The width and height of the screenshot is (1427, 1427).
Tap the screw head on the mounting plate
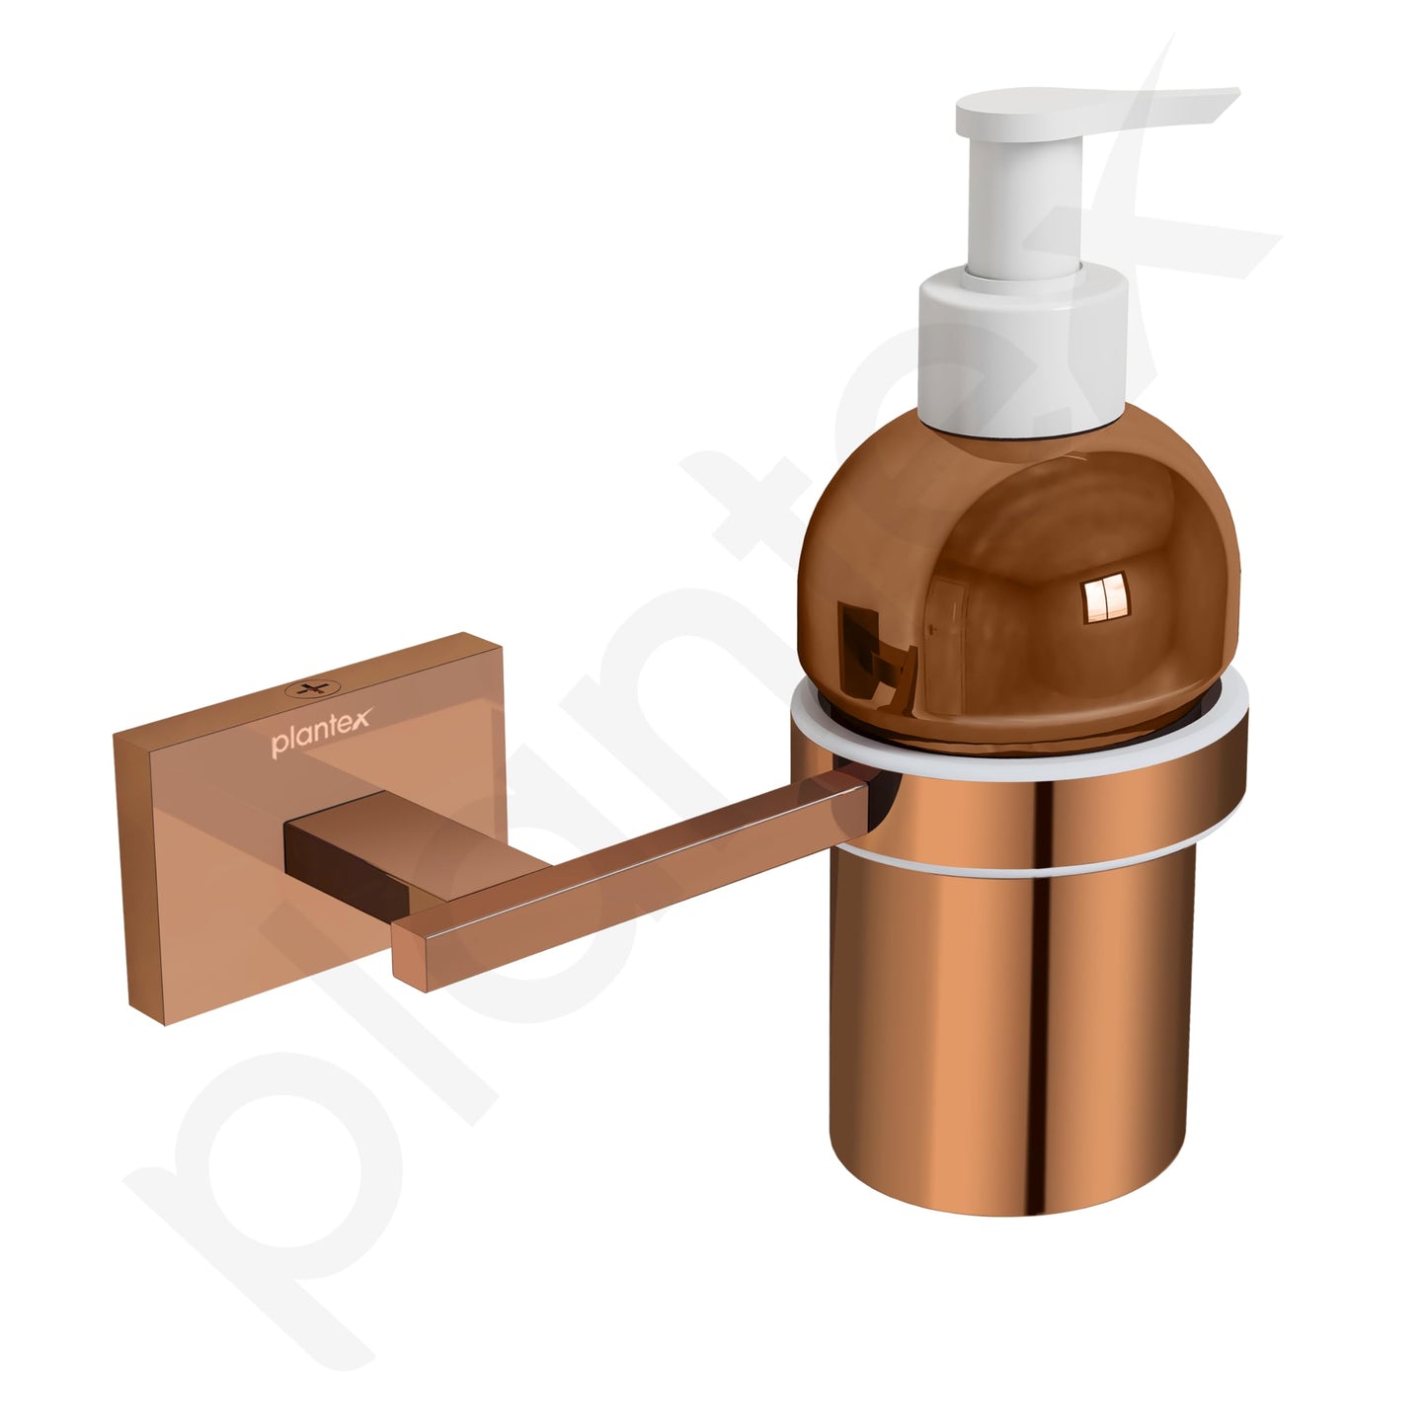pyautogui.click(x=312, y=688)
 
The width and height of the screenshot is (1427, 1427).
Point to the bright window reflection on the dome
pyautogui.click(x=1106, y=595)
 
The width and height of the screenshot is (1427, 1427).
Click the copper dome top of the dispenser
pyautogui.click(x=1018, y=578)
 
